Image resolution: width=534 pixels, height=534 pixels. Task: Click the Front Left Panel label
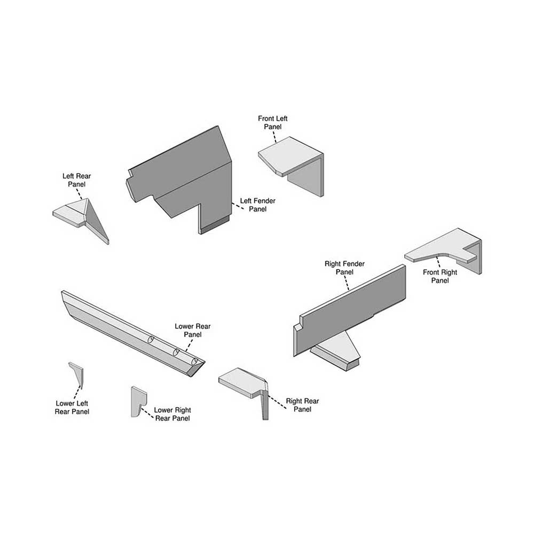[x=272, y=122]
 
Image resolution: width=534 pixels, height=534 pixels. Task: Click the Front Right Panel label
[x=440, y=276]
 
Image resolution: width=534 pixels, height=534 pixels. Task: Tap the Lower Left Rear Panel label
[x=72, y=407]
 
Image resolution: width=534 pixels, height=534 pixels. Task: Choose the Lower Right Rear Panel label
[x=172, y=414]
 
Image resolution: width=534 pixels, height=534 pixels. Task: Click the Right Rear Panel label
[x=302, y=405]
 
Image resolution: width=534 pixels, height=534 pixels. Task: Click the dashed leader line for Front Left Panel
[x=274, y=136]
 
